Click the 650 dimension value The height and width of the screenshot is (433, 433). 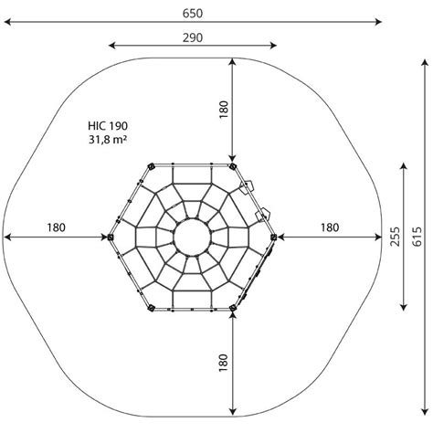tap(193, 14)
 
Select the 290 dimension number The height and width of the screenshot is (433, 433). tap(193, 37)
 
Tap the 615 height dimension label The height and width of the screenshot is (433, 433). tap(417, 237)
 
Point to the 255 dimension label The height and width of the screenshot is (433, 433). tap(396, 237)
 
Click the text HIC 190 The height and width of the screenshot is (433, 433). tap(108, 126)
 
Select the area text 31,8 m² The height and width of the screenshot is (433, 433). tap(108, 140)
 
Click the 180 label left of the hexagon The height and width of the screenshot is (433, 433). tap(56, 227)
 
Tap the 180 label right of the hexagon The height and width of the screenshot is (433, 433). tap(330, 227)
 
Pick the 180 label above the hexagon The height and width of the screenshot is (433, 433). tap(224, 110)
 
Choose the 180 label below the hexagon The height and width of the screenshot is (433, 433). tap(224, 363)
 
